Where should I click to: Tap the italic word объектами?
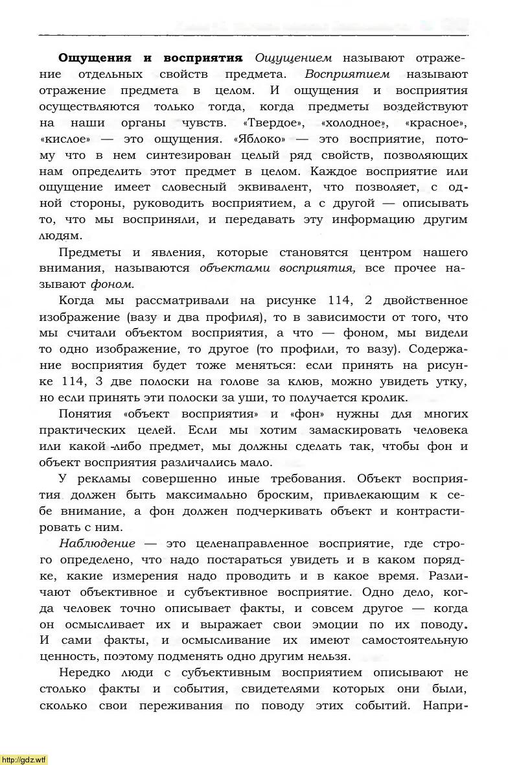227,268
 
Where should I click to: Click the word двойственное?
424,300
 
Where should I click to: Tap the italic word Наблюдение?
97,543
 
